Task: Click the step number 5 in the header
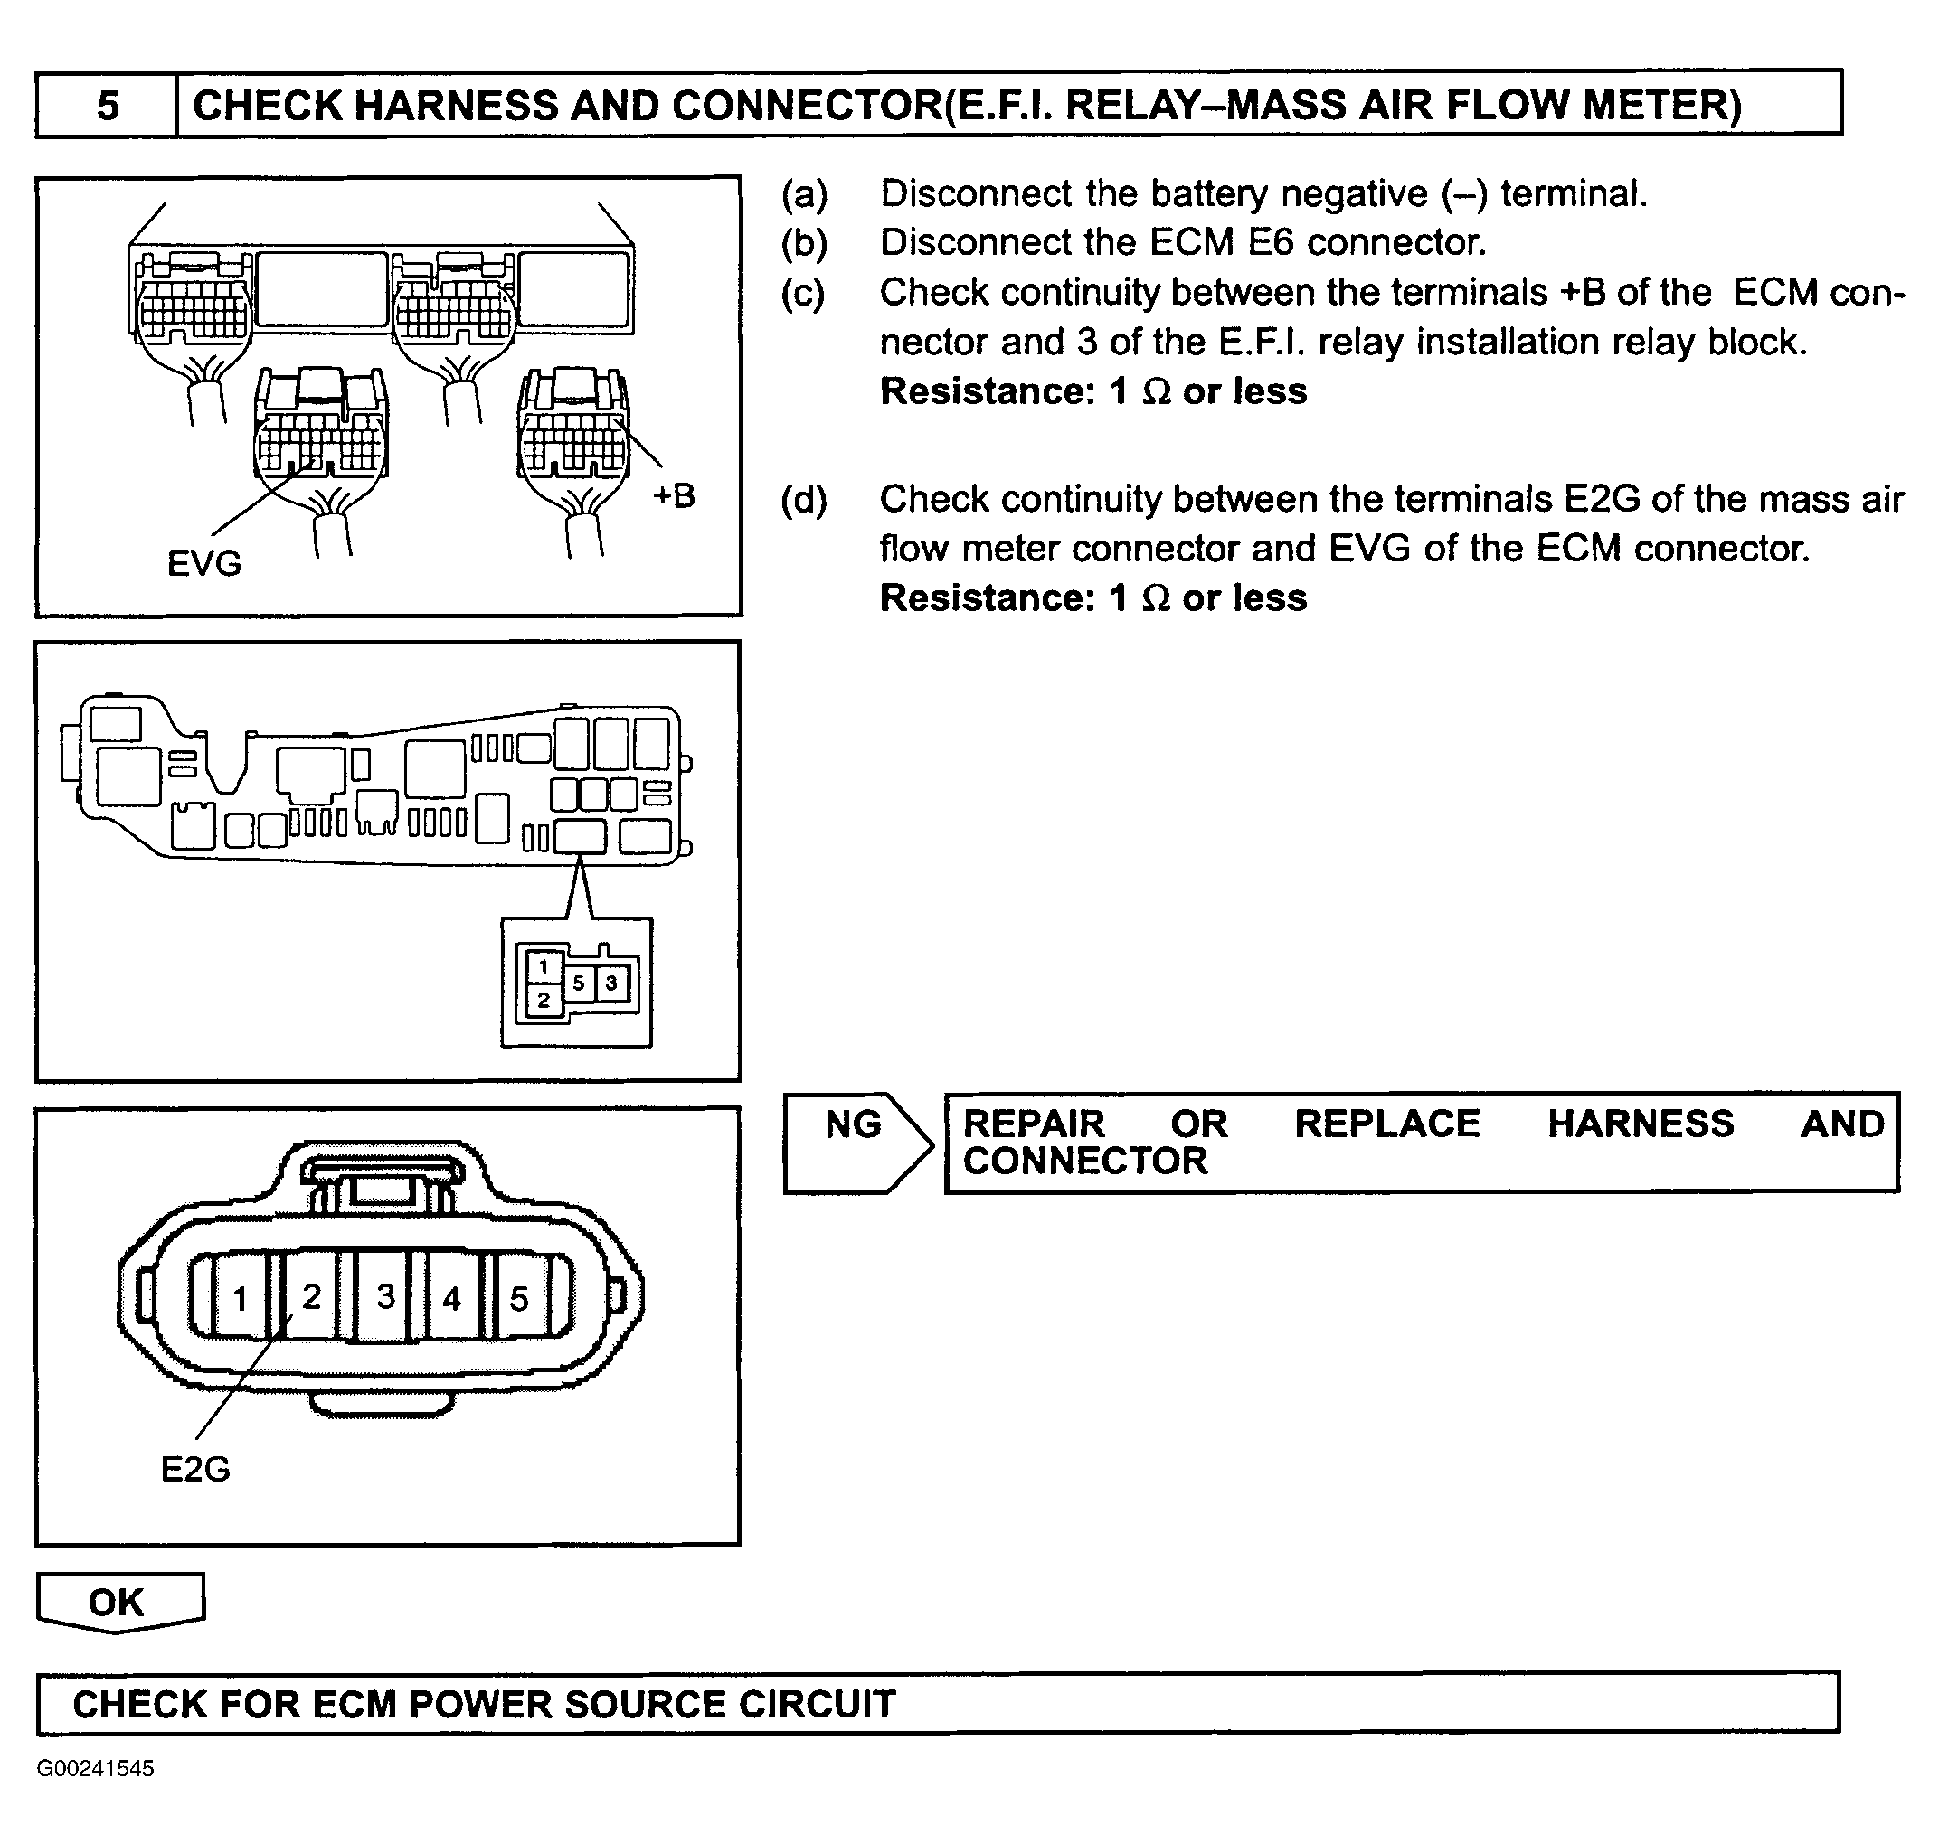pos(108,105)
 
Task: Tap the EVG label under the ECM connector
pos(204,564)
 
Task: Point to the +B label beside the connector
pos(674,496)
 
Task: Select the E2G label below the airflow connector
pos(194,1470)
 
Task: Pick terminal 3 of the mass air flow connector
pos(385,1296)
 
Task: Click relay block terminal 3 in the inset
pos(611,982)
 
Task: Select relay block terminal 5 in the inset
pos(578,982)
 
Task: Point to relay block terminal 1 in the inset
pos(543,966)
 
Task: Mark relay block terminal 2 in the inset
pos(543,1001)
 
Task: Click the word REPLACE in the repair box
pos(1386,1124)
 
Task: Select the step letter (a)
pos(804,194)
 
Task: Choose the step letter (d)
pos(804,499)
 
